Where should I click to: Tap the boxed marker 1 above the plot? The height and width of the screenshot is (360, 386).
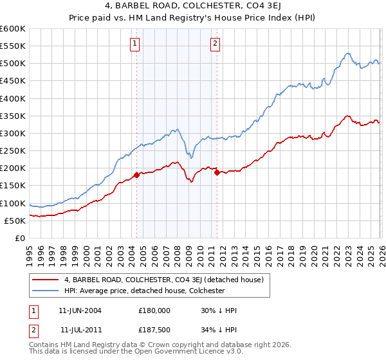pyautogui.click(x=135, y=44)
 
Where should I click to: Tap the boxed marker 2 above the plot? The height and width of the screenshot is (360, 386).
pyautogui.click(x=215, y=44)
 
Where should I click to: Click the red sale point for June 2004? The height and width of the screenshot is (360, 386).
pyautogui.click(x=136, y=175)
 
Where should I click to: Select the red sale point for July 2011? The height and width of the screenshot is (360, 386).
pyautogui.click(x=217, y=172)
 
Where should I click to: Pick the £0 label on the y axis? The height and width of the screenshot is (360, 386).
pyautogui.click(x=20, y=238)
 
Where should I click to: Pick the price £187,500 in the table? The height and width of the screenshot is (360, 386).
pyautogui.click(x=154, y=330)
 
